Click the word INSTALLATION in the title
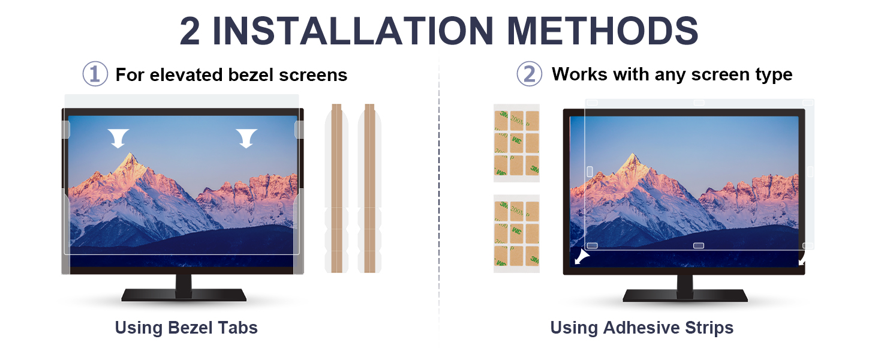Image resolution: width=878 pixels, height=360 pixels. pos(352,31)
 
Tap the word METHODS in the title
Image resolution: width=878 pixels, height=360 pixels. pos(603,31)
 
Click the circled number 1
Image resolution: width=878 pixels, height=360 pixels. pos(95,74)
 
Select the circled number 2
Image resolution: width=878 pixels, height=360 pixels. pos(529,74)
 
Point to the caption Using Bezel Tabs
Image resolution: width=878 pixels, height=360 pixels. pos(186,328)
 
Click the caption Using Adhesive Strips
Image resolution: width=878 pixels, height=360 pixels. pos(642,328)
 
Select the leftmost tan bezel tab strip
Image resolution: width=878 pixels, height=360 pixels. pos(336,188)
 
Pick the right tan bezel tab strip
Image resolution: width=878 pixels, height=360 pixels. pos(369,188)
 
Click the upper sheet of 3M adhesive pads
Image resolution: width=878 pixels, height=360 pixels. pos(516,143)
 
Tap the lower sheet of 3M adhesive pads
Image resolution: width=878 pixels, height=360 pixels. pos(516,234)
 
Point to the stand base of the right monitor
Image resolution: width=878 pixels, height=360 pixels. pos(685,295)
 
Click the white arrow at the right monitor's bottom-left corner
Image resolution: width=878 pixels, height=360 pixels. pos(582,257)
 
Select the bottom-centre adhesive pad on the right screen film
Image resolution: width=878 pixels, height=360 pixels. pos(699,245)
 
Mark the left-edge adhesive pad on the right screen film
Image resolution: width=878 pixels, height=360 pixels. pos(590,172)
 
